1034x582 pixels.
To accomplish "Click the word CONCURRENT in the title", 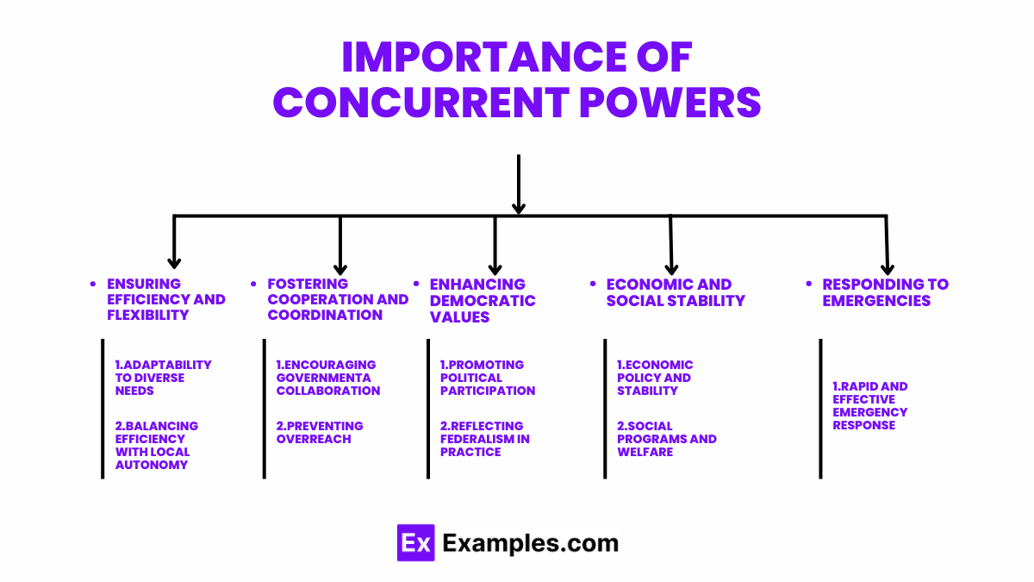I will tap(419, 103).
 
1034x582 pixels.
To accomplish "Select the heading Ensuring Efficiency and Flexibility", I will tap(165, 299).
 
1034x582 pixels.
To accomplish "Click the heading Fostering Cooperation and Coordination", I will tap(338, 299).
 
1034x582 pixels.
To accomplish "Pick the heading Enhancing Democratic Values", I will tap(483, 300).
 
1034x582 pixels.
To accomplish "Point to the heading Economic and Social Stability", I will tap(676, 292).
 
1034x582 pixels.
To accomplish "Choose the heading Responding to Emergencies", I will tap(885, 292).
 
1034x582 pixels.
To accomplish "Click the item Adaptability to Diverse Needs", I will tap(163, 378).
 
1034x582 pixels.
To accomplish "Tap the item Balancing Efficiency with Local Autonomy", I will tap(157, 445).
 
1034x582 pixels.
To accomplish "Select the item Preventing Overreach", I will tap(320, 432).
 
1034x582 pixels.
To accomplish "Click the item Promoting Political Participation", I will tap(488, 378).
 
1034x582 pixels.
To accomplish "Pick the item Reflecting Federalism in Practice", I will tap(484, 438).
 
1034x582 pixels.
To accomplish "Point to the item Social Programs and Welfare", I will tap(666, 438).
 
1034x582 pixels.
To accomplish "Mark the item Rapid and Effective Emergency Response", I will tap(870, 405).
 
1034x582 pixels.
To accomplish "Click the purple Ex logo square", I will tap(414, 543).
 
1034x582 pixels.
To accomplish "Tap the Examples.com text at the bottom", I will tap(530, 543).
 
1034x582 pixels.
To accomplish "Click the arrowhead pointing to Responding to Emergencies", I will tap(888, 268).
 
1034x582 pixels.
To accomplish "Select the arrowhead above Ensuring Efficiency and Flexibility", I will tap(174, 262).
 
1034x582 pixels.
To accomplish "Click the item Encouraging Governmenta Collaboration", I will tap(327, 378).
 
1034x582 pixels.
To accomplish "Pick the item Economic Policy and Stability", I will tap(655, 378).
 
